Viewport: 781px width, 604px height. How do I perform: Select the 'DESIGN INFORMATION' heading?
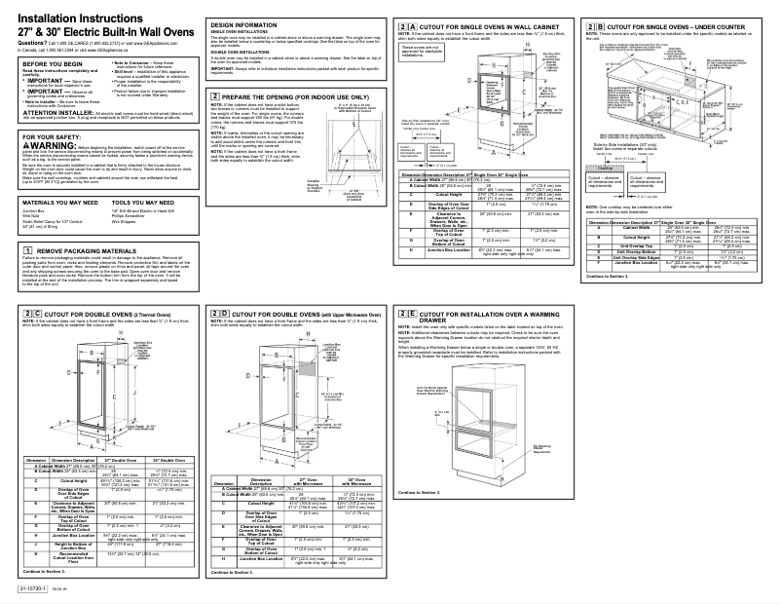[x=239, y=22]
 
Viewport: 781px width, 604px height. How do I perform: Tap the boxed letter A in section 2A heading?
[x=411, y=23]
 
